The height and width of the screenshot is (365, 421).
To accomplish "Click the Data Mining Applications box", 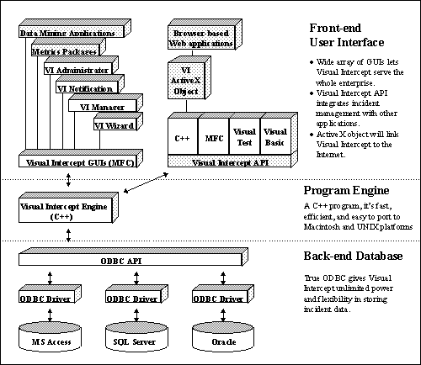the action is pos(75,29).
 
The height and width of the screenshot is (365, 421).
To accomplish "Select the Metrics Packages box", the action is pos(68,47).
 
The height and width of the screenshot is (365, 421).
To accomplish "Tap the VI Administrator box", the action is pos(81,66).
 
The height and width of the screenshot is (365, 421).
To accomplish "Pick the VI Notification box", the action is pos(90,84).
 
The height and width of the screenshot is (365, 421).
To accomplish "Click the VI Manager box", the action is pos(105,103).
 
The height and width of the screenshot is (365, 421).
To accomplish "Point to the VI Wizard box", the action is pos(118,121).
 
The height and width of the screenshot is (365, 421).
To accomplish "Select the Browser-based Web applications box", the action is pos(205,34).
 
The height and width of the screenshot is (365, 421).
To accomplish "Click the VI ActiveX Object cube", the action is pos(189,77).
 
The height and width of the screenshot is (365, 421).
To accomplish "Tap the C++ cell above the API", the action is pos(183,136).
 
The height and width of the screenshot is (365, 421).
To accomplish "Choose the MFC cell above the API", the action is pos(214,136).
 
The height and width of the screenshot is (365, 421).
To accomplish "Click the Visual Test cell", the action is pos(245,136).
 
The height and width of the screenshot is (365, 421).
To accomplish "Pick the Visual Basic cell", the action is pos(275,136).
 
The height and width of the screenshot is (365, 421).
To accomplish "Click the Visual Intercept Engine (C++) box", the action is pos(68,208).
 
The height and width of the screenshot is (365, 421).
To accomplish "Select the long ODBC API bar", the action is pos(133,257).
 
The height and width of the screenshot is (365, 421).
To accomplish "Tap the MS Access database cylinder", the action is pos(50,336).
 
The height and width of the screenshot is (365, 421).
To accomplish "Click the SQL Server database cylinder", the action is pos(136,336).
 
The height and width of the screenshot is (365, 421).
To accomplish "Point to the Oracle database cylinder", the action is pos(223,336).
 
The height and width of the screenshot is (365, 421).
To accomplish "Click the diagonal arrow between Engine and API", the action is pos(146,183).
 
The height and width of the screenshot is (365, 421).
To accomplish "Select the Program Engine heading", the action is pos(346,191).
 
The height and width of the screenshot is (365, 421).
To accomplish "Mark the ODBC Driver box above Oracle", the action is pos(223,294).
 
